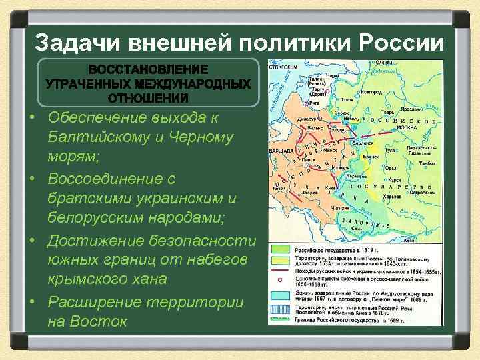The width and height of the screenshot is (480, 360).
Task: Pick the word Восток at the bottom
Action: pos(87,321)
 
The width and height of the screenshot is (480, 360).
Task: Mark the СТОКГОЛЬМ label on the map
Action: pos(283,67)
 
